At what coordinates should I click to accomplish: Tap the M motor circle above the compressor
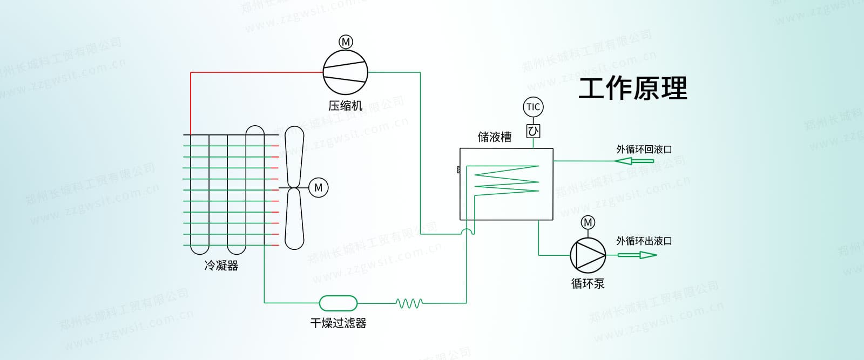tap(346, 42)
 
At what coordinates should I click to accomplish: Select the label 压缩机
tap(346, 106)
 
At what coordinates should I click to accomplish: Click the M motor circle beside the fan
tap(318, 187)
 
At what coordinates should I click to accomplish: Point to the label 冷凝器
tap(221, 266)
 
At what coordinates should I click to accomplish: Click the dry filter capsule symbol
tap(338, 303)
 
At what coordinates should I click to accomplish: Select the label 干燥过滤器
tap(339, 323)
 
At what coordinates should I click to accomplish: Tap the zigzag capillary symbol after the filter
tap(409, 303)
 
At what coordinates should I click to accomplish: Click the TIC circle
tap(533, 107)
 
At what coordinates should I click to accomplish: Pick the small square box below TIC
tap(533, 131)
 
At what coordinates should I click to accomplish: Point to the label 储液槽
tap(495, 137)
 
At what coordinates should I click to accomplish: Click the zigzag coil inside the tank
tap(507, 179)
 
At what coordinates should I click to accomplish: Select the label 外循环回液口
tap(644, 149)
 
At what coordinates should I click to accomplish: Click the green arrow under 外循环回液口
tap(634, 161)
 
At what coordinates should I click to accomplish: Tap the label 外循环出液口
tap(644, 241)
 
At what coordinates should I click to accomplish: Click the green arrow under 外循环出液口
tap(637, 254)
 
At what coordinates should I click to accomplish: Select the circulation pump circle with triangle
tap(588, 255)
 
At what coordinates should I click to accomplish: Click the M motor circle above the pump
tap(588, 222)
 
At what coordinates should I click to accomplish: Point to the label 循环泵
tap(588, 283)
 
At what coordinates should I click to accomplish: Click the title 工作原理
tap(633, 88)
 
